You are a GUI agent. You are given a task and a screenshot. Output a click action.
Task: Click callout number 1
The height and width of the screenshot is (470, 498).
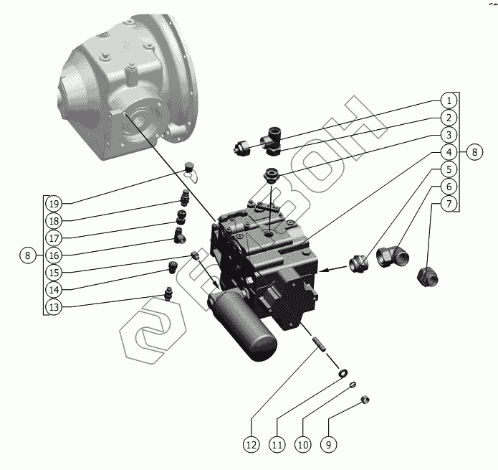(447, 100)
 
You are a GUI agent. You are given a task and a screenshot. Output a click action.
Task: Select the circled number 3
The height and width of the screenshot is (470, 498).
(447, 134)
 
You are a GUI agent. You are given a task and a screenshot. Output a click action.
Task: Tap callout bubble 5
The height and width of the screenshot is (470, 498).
(447, 169)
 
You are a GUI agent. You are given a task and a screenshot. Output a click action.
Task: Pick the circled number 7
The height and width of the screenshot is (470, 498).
(447, 204)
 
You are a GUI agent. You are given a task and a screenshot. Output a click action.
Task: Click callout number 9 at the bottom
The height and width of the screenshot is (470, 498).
(327, 445)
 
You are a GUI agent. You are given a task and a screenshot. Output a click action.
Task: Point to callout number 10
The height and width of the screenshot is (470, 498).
(302, 445)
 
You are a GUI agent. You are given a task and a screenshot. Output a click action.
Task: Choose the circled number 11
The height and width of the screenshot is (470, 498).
(277, 445)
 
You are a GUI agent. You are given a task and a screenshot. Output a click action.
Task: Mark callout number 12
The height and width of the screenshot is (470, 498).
(251, 445)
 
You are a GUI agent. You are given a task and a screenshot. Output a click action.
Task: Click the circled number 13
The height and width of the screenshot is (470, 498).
(54, 306)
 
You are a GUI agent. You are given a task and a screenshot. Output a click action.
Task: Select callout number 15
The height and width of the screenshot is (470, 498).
(54, 272)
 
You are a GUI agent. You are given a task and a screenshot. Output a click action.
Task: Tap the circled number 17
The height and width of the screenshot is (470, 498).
(54, 238)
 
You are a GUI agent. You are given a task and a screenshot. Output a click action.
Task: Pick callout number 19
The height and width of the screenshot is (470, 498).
(54, 202)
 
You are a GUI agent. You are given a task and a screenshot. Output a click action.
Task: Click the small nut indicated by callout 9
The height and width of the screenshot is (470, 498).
(363, 400)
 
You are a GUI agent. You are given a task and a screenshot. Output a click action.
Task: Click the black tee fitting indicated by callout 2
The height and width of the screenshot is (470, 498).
(273, 138)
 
